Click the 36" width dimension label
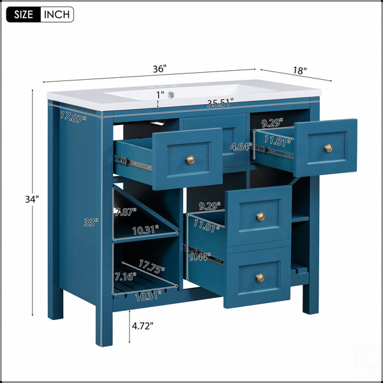(160, 69)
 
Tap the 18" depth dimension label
(300, 71)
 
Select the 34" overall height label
(32, 199)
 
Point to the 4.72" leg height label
(142, 326)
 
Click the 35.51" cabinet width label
(221, 103)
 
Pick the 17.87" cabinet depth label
(73, 117)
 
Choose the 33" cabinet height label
(91, 222)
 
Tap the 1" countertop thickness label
(160, 94)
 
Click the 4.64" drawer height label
(241, 147)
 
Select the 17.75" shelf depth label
(151, 266)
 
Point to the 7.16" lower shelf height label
(125, 277)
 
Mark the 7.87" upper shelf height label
(126, 212)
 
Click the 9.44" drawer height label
(200, 257)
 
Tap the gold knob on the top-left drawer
(190, 160)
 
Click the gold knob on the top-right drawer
(328, 148)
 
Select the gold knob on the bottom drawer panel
(260, 278)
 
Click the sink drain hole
(171, 94)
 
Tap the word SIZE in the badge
(24, 15)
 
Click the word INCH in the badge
(57, 15)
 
